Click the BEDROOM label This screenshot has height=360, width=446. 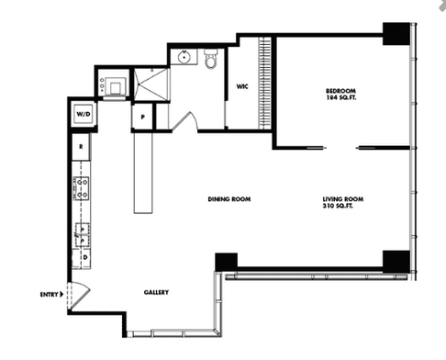[340, 91]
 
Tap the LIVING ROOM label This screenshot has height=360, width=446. [343, 199]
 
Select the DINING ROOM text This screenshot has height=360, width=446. [229, 199]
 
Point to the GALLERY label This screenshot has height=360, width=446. [156, 292]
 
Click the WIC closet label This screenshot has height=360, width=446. [242, 86]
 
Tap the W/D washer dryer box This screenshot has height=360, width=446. [84, 115]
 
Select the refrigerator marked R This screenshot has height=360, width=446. [81, 147]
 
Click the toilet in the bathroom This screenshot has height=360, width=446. [211, 58]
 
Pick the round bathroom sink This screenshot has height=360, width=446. [184, 57]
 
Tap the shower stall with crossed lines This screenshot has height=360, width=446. [151, 84]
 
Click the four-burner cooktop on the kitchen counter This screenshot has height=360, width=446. [82, 188]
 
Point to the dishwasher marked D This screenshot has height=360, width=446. [85, 258]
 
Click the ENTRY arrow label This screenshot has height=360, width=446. [51, 295]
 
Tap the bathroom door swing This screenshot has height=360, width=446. [186, 122]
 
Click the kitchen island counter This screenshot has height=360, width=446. [143, 173]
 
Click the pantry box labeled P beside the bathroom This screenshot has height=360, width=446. [142, 117]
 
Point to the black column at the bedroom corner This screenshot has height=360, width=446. [396, 34]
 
